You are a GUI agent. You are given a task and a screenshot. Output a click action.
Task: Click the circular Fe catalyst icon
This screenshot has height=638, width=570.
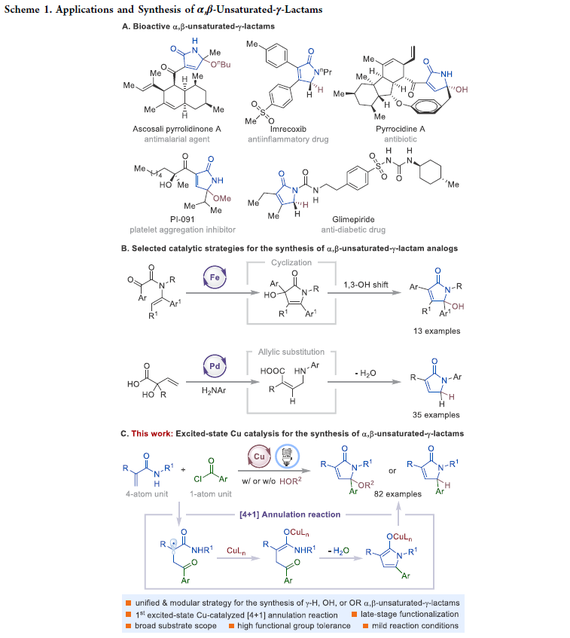(214, 279)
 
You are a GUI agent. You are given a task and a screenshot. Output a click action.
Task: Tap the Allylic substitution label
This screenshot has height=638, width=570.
(291, 351)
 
